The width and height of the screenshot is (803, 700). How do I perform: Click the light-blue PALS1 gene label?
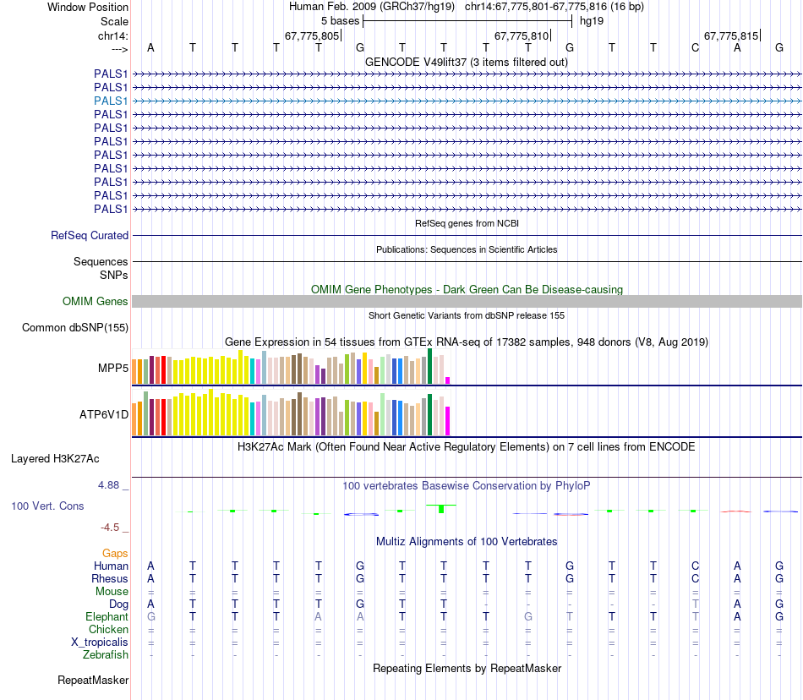pos(111,101)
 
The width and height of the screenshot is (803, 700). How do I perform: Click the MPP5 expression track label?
pos(112,369)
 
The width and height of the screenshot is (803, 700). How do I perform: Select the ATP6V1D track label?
pos(104,415)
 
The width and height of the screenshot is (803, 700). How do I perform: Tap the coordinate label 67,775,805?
pos(312,36)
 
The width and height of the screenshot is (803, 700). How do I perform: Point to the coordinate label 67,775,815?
pos(731,36)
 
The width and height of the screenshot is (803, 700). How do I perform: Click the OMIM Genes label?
pos(96,301)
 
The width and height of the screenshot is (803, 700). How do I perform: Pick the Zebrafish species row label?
pos(106,655)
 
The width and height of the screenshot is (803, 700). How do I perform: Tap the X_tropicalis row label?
pos(100,643)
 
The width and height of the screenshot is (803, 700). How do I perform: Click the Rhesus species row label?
pos(110,579)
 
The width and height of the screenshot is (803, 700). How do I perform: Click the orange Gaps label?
pos(115,553)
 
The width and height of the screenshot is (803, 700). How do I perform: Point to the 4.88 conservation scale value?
pos(111,485)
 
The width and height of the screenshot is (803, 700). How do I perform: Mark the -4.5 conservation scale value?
pos(111,528)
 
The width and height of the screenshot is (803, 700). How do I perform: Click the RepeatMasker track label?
pos(93,680)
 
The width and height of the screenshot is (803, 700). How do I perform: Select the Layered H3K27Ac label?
pos(55,459)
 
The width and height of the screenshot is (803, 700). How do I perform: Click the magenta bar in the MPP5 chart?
pos(448,380)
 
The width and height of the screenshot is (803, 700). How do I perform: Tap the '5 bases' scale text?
pos(340,20)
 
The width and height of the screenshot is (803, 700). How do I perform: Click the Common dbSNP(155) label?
pos(75,328)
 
